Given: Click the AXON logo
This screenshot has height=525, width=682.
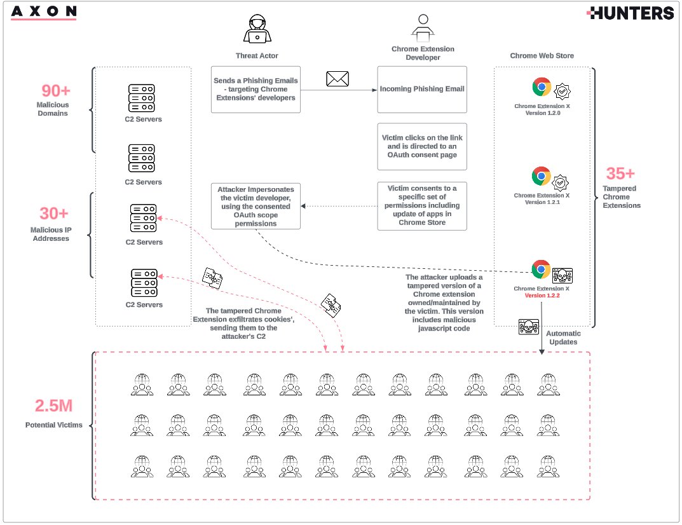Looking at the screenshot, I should tap(44, 12).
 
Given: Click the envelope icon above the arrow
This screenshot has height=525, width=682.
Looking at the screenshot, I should tap(338, 79).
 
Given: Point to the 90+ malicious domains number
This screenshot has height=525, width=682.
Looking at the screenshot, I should tap(55, 91).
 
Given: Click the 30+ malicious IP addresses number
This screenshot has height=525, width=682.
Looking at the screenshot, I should tap(54, 214).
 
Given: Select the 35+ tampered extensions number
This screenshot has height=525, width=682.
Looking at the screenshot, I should tap(620, 174).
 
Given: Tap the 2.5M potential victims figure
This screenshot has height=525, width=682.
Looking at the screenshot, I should tap(53, 405).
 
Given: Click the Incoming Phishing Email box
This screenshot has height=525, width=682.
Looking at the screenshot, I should tap(422, 90).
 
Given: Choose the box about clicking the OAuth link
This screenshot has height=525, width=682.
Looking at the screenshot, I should tap(422, 147).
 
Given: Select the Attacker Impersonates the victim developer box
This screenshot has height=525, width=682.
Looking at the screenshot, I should tap(256, 206).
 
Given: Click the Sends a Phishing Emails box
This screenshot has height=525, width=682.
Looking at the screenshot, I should tap(256, 90).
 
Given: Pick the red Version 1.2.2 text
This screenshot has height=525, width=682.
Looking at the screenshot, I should tap(542, 296).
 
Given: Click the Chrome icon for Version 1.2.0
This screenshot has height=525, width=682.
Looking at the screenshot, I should tap(542, 86).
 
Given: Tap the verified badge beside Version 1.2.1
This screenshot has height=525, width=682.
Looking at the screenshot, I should tap(561, 183).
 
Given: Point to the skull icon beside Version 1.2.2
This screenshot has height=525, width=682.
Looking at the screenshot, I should tap(563, 275).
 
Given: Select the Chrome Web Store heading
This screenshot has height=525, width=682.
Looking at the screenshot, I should tap(542, 56).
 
